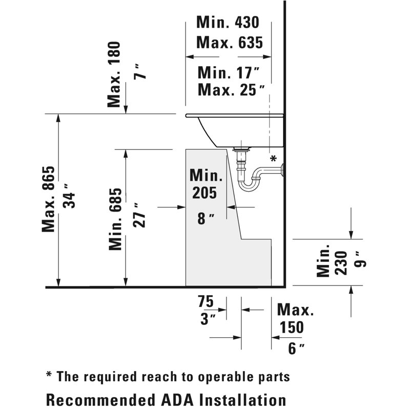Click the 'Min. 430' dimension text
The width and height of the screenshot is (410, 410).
228,22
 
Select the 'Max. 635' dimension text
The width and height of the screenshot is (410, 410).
230,43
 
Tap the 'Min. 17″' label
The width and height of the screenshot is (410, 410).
229,72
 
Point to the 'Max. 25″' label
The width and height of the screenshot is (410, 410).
231,90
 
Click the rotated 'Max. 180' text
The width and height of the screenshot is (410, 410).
114,74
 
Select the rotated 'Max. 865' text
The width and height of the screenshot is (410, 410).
49,199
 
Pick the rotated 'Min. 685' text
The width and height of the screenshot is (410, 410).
115,219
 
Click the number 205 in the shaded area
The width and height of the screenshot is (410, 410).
204,193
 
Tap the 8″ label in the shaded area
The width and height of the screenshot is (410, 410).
206,219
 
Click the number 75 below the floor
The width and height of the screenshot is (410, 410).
206,301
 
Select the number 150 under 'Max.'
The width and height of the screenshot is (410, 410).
292,327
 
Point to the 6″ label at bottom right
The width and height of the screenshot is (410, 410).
296,348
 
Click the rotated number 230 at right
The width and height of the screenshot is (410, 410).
341,263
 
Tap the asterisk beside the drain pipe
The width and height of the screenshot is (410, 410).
273,158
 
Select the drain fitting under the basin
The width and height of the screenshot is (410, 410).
241,150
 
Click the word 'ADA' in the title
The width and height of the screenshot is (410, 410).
178,400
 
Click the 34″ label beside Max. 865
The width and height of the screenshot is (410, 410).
69,196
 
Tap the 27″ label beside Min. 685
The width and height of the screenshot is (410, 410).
139,215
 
